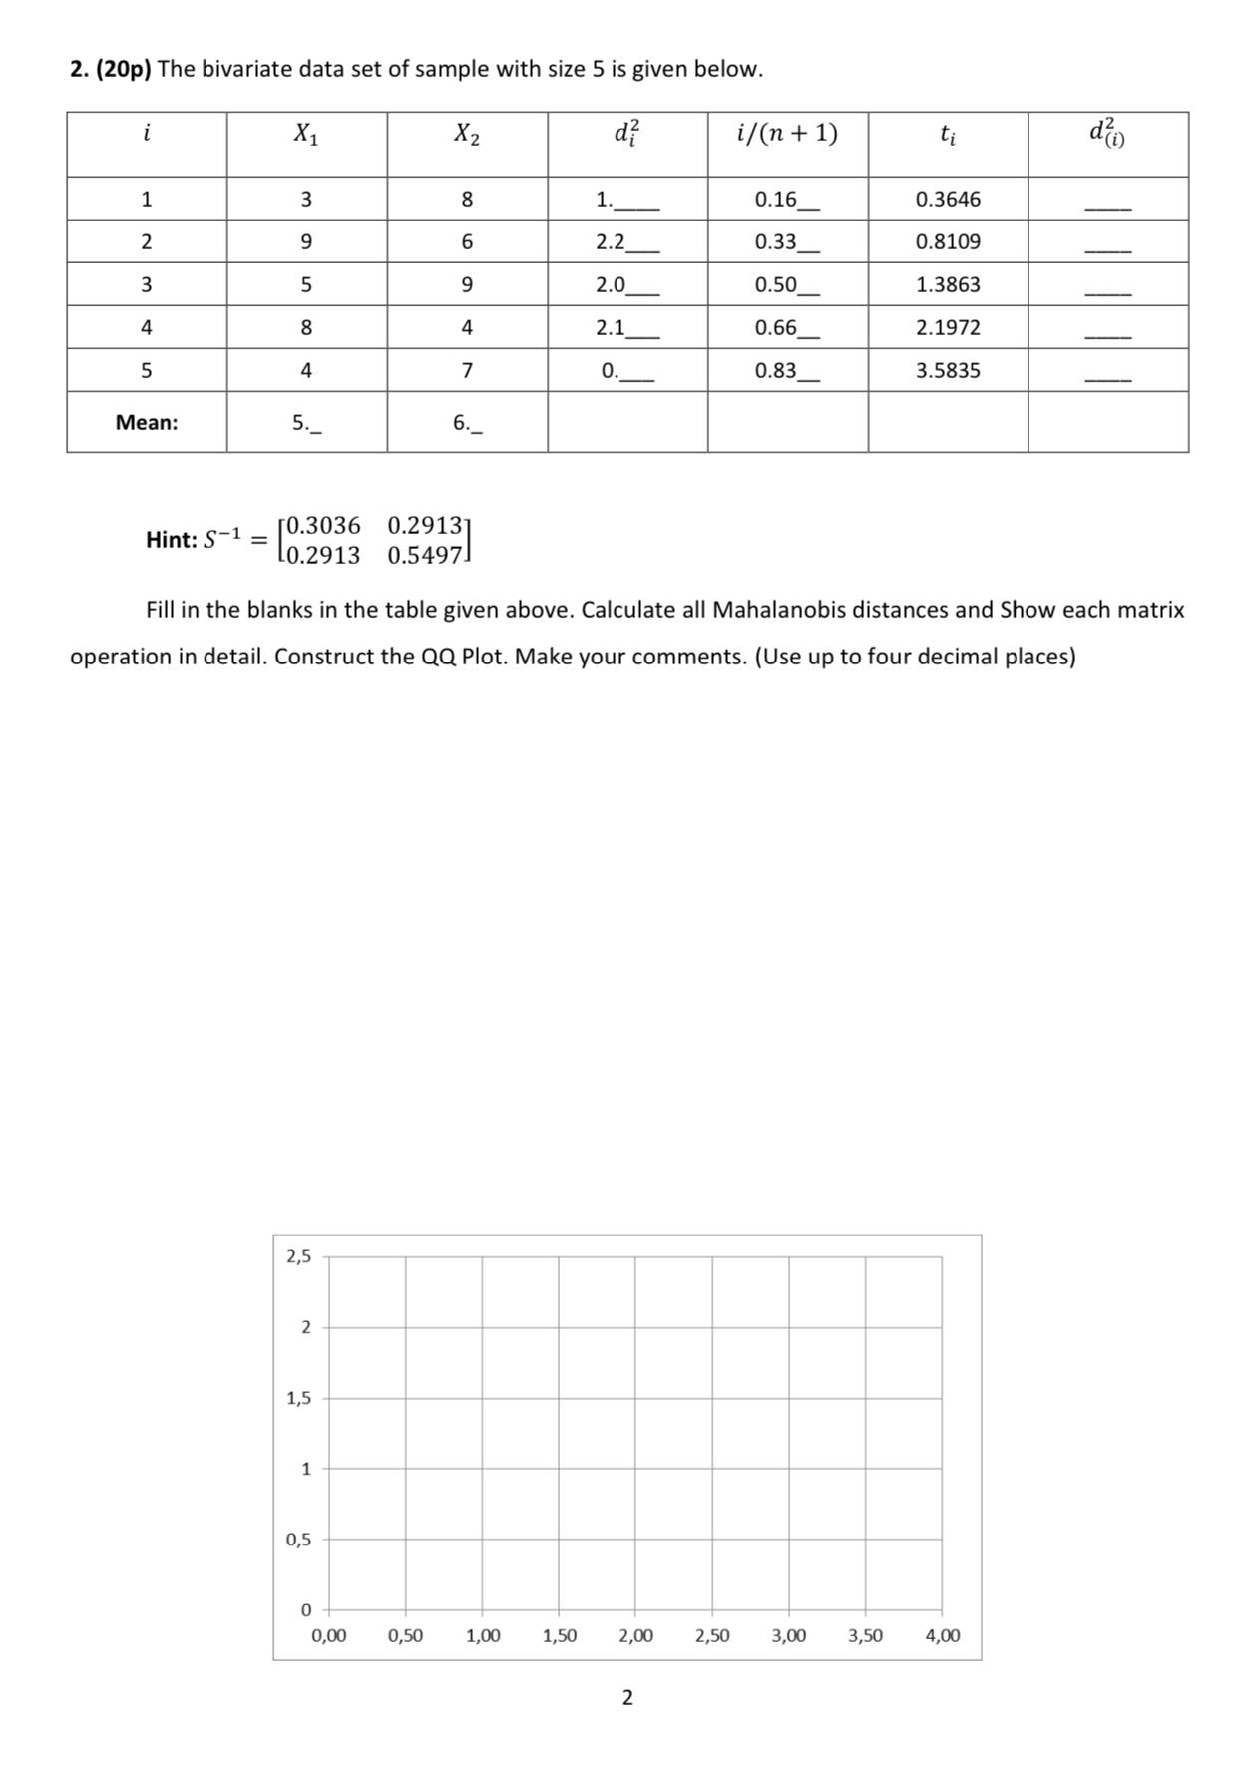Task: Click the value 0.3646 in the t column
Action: (x=947, y=199)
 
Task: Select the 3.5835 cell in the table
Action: (x=947, y=370)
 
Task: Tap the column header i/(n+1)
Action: (x=786, y=133)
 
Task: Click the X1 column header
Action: (x=305, y=133)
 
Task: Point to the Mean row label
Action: (x=147, y=422)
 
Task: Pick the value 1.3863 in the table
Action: (x=947, y=284)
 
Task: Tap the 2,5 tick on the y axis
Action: (x=298, y=1256)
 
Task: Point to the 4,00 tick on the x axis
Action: (x=942, y=1636)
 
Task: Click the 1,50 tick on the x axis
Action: (x=559, y=1636)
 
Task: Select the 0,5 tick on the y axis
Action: (x=298, y=1540)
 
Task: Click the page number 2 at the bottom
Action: (x=626, y=1697)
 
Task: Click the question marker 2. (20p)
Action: (x=110, y=69)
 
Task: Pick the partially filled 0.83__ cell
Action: (x=785, y=371)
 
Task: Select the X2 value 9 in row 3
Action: (x=466, y=284)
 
